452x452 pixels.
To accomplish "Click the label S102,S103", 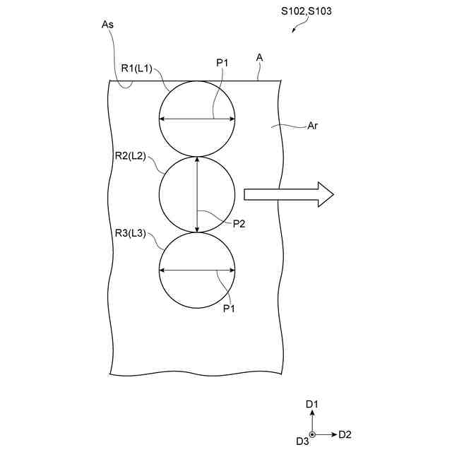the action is point(307,11).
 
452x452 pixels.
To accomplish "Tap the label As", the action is point(108,24).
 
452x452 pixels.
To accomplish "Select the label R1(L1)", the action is point(137,68).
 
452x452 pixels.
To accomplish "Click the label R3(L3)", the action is point(130,234).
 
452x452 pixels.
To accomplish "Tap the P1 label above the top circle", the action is point(222,64).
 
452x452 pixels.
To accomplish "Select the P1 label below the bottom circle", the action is point(230,308).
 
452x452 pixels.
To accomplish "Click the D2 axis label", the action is point(345,434).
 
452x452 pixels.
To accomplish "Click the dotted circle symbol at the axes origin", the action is point(313,434).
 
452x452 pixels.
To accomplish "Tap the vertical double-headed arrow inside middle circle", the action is point(197,194).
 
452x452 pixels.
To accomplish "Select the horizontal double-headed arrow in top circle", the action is point(197,119).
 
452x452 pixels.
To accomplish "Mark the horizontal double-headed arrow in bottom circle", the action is point(197,270).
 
